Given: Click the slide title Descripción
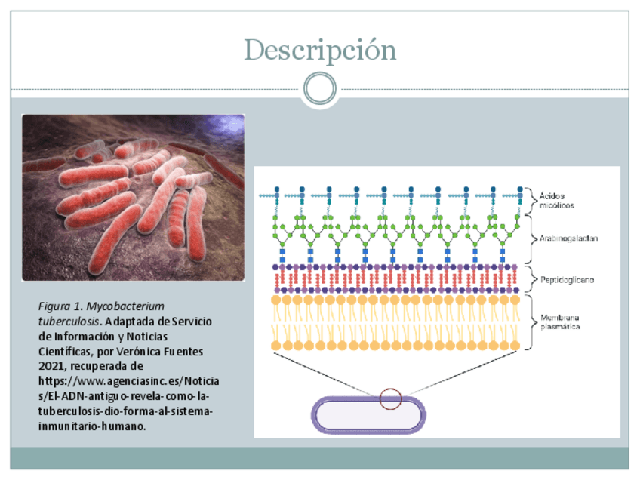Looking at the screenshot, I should (x=320, y=50).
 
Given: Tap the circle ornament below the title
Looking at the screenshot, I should (x=320, y=89).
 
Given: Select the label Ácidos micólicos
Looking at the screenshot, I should (x=557, y=200).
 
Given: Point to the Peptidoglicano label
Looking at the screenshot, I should (x=566, y=279).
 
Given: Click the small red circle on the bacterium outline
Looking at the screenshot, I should (x=390, y=398).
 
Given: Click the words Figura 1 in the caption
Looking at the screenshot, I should (x=60, y=306).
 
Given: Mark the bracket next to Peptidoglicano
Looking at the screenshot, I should (x=529, y=278).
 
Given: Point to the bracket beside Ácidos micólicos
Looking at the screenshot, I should (x=529, y=199).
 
